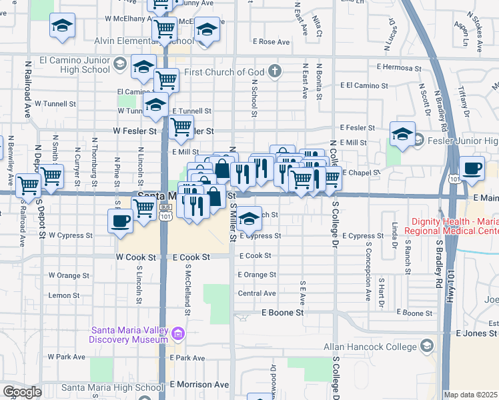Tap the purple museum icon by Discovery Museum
[178, 333]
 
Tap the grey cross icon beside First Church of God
[275, 71]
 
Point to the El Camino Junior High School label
[75, 65]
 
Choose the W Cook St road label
[135, 257]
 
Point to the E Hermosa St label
[399, 67]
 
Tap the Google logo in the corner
[22, 392]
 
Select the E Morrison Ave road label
[199, 385]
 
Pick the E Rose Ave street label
[272, 42]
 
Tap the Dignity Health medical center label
[454, 226]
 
